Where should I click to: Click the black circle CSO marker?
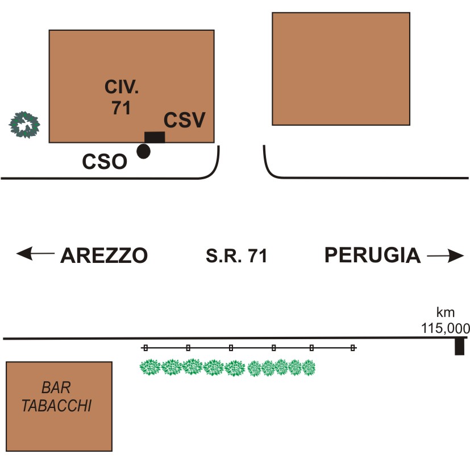[x=144, y=151]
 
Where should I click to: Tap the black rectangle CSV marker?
[x=155, y=137]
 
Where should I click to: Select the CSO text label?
[x=104, y=162]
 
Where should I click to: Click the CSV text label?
[x=184, y=121]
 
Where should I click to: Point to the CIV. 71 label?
[x=122, y=97]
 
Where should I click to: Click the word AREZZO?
[x=104, y=256]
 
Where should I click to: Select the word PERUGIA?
[x=373, y=256]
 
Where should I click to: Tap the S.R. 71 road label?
[x=236, y=257]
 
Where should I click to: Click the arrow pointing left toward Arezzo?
[x=35, y=254]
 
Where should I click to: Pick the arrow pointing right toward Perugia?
[x=446, y=257]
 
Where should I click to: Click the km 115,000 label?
[x=445, y=321]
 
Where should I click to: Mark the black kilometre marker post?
[x=460, y=346]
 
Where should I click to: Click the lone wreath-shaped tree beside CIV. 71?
[x=25, y=125]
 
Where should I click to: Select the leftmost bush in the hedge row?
[x=151, y=368]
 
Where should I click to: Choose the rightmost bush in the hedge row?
[x=309, y=368]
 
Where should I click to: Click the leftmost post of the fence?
[x=145, y=347]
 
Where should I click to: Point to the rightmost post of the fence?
[x=353, y=347]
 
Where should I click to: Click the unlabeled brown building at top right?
[x=341, y=68]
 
